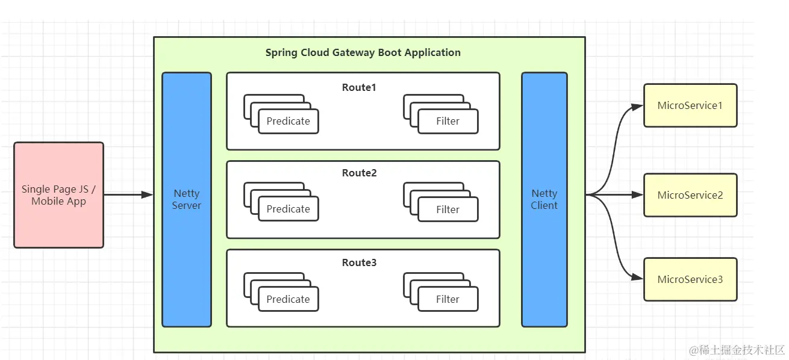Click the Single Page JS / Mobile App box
click(x=58, y=194)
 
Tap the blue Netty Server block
click(x=187, y=199)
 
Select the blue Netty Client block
click(x=544, y=199)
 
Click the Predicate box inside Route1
click(x=288, y=121)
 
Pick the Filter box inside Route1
click(x=448, y=121)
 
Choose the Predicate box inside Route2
click(x=288, y=209)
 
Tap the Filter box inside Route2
click(x=448, y=209)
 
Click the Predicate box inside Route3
click(x=288, y=299)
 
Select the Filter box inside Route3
click(x=448, y=299)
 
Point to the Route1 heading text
click(x=359, y=87)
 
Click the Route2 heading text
click(x=359, y=173)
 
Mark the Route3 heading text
click(x=359, y=262)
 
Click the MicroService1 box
click(x=690, y=105)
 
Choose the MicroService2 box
click(x=690, y=195)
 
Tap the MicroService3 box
click(x=690, y=279)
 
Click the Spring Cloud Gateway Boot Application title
click(x=363, y=52)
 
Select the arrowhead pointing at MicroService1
click(x=637, y=107)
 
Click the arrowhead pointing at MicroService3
click(x=637, y=277)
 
